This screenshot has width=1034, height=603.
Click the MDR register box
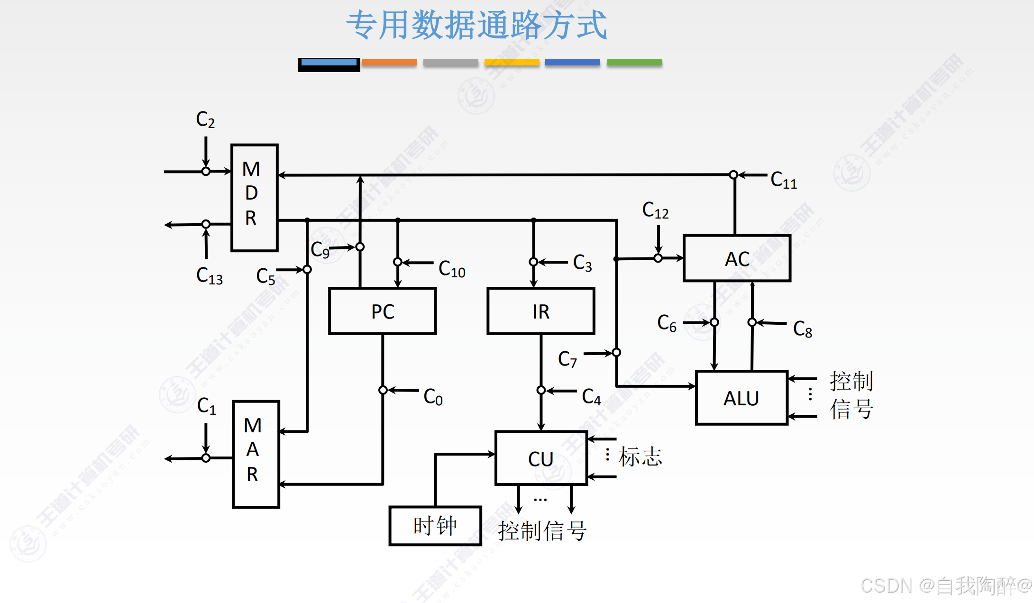point(254,197)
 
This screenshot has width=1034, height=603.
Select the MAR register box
point(256,454)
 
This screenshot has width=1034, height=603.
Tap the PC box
point(382,311)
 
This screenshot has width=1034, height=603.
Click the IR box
point(540,311)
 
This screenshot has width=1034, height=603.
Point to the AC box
point(737,258)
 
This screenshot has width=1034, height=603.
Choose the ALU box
point(741,398)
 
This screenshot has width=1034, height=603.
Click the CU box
point(541,458)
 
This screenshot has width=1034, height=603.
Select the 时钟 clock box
point(435,526)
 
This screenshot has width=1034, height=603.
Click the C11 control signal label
point(783,180)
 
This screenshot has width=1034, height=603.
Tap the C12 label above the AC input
point(655,210)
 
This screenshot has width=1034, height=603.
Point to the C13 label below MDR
point(209,275)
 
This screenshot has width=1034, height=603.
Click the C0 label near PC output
point(432,397)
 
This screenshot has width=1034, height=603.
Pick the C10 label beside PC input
point(451,269)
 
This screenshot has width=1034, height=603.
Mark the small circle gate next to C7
point(616,352)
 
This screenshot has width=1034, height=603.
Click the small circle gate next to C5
point(307,269)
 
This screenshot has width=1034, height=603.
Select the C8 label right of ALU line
point(802,329)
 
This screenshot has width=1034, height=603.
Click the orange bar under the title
point(389,63)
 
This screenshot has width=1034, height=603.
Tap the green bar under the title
point(634,63)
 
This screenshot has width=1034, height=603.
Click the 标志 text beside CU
point(640,457)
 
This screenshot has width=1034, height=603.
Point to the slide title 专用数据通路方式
point(476,25)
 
